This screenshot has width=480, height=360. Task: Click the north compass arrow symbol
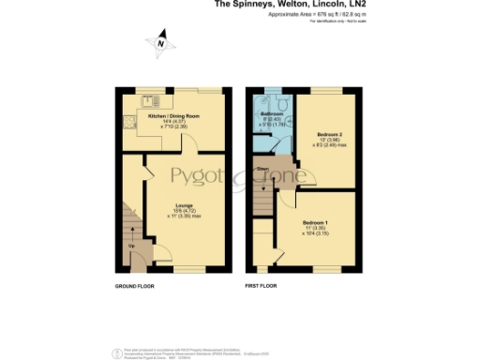[161, 41]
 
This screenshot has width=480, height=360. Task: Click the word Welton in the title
[277, 4]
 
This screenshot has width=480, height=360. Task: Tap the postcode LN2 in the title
[353, 4]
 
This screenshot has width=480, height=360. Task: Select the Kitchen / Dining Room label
[172, 117]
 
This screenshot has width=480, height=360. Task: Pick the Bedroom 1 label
[315, 222]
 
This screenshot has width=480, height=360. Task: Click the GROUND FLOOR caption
[134, 284]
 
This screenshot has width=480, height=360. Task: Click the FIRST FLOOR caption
[263, 284]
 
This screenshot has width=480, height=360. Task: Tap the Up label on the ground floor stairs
[130, 247]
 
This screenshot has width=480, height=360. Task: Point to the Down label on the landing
[264, 170]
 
